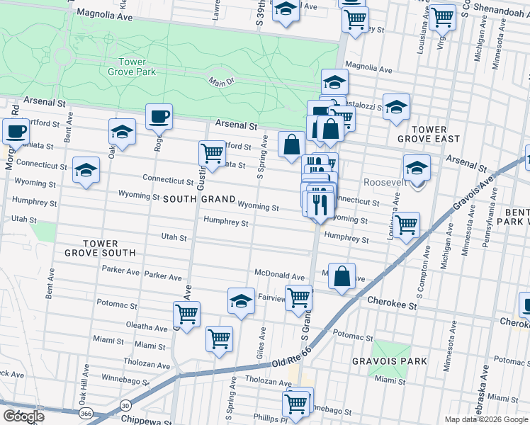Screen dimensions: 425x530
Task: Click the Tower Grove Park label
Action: (x=132, y=67)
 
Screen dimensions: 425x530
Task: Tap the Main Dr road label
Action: (x=221, y=83)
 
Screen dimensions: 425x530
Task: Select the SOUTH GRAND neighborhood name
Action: (x=198, y=200)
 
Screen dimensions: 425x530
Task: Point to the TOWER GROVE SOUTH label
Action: (x=100, y=247)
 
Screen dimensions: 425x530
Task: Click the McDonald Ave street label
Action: (x=279, y=275)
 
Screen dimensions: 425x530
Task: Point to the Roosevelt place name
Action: (x=385, y=182)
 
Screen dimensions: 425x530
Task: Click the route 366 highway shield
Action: (x=84, y=413)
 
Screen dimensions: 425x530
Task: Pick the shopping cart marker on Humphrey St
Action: (x=406, y=225)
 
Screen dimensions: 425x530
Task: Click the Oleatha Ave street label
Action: (x=147, y=327)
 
